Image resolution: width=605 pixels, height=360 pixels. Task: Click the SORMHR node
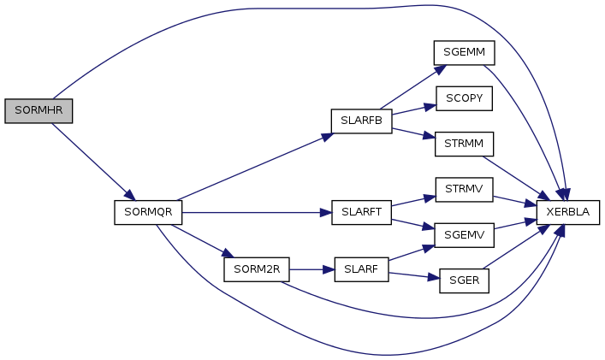coord(39,111)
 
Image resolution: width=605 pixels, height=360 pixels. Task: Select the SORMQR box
coord(148,212)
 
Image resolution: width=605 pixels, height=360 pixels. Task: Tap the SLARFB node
coord(361,121)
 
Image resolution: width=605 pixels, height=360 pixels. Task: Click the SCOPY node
coord(465,98)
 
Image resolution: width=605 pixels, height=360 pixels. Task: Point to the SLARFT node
coord(361,212)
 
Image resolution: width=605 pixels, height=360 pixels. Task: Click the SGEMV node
coord(465,234)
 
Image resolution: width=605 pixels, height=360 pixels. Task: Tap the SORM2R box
coord(256,269)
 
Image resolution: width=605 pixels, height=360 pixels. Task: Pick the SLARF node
coord(361,269)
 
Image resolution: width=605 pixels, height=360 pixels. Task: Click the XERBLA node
coord(568,212)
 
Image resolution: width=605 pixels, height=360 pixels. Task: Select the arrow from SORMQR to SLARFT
coord(257,212)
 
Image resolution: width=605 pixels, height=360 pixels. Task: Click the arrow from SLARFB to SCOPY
coord(413,109)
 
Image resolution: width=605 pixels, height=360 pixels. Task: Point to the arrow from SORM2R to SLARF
coord(311,269)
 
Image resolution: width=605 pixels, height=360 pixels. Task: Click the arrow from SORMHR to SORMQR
coord(90,158)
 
